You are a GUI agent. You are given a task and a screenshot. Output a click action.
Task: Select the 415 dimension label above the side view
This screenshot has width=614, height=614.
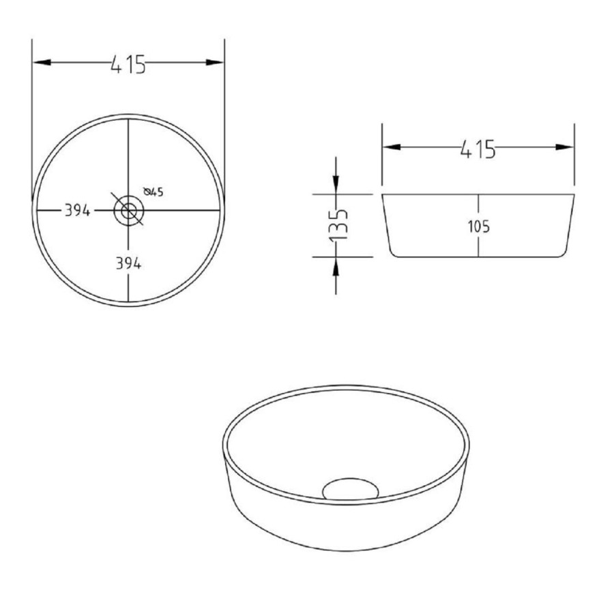[x=477, y=147]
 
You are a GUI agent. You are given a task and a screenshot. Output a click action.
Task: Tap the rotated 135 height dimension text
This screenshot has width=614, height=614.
[x=339, y=225]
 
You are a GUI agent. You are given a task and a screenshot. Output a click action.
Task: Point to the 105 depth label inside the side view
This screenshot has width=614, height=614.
[x=479, y=227]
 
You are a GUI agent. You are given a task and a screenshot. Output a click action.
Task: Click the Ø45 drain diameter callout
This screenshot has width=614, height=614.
[x=153, y=192]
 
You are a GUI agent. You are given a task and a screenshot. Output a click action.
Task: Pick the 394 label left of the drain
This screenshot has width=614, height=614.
[x=78, y=211]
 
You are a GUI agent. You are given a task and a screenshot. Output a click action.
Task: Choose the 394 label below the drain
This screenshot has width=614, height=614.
[x=128, y=264]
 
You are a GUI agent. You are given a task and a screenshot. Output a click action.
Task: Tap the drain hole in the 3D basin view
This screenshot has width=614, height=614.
[x=351, y=488]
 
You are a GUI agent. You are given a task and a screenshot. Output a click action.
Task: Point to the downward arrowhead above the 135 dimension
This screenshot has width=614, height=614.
[x=336, y=185]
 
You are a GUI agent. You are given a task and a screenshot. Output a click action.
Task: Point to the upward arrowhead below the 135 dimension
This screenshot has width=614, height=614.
[x=336, y=266]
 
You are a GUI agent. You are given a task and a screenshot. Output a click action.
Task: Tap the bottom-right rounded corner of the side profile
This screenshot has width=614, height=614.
[x=563, y=252]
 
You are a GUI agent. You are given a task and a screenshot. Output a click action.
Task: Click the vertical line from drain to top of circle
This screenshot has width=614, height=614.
[x=128, y=157]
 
